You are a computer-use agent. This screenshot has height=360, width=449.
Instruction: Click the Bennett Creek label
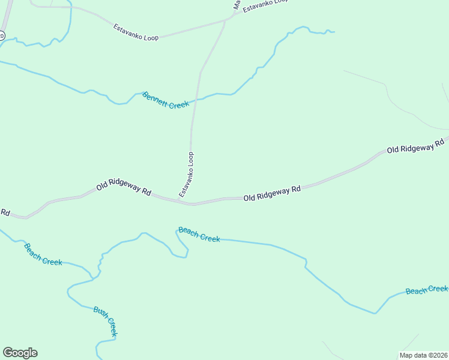point(166,100)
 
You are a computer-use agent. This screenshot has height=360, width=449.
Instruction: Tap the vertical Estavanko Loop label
point(187,174)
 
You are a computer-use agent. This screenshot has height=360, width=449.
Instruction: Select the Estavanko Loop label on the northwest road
point(136,32)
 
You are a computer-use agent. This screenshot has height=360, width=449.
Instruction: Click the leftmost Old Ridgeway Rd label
point(124,188)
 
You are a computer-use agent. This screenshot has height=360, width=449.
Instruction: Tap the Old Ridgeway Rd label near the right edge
point(415,145)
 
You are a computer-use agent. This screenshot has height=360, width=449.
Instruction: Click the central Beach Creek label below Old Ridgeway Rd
point(199,235)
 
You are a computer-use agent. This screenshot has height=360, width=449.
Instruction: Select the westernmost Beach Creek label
point(43,254)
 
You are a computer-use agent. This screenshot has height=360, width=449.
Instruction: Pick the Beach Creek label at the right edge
point(427,290)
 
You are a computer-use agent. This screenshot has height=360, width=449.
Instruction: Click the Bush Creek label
point(105,321)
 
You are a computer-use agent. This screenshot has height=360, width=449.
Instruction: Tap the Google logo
point(20,353)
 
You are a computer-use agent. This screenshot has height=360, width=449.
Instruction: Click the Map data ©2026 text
point(423,355)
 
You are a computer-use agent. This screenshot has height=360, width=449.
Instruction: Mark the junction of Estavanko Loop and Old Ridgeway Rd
point(192,204)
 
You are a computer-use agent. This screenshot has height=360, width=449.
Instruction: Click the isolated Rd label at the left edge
point(5,212)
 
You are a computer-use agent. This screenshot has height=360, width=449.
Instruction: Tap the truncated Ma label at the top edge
point(237,5)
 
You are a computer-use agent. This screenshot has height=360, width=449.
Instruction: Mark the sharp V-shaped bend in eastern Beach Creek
point(376,313)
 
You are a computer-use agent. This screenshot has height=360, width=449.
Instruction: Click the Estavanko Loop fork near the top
point(225,21)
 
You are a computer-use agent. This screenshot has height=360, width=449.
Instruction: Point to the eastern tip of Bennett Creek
point(334,31)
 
